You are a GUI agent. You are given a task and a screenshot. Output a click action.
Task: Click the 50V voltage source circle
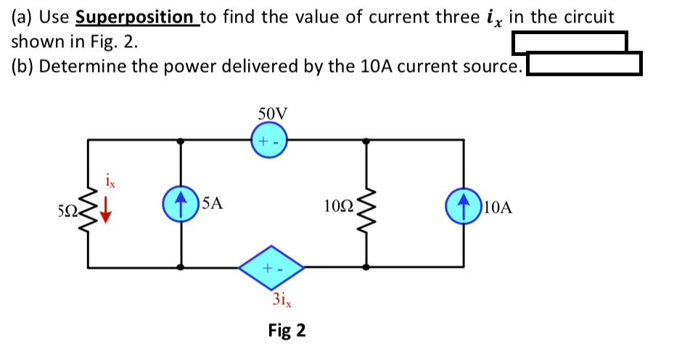tap(269, 139)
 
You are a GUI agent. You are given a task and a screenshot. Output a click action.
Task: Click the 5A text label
tap(212, 204)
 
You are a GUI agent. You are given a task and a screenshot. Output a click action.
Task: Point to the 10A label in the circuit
tap(497, 208)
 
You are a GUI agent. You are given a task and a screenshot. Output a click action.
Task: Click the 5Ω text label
tap(67, 212)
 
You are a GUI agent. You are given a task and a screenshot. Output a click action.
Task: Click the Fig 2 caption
tap(287, 331)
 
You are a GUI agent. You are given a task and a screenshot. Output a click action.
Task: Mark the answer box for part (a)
tap(570, 42)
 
